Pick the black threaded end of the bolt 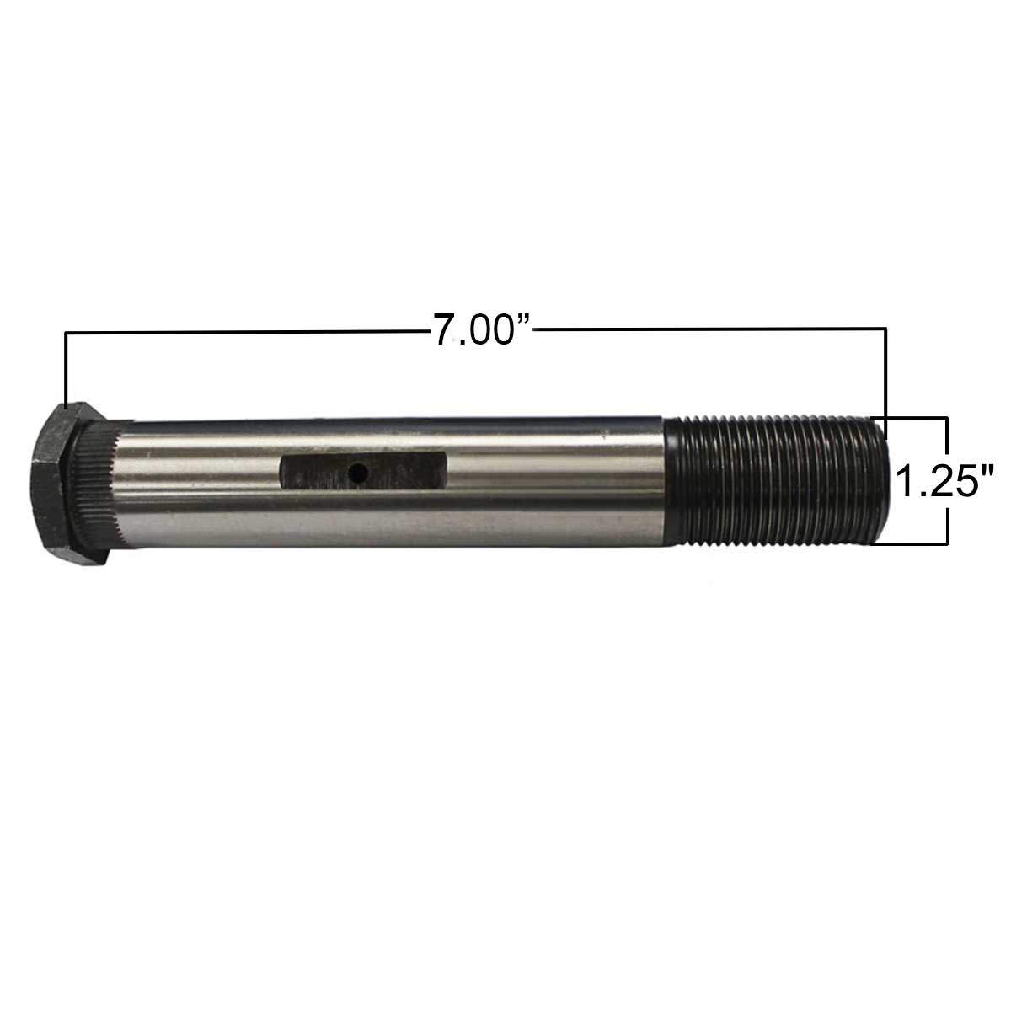[775, 479]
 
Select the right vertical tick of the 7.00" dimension [885, 371]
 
